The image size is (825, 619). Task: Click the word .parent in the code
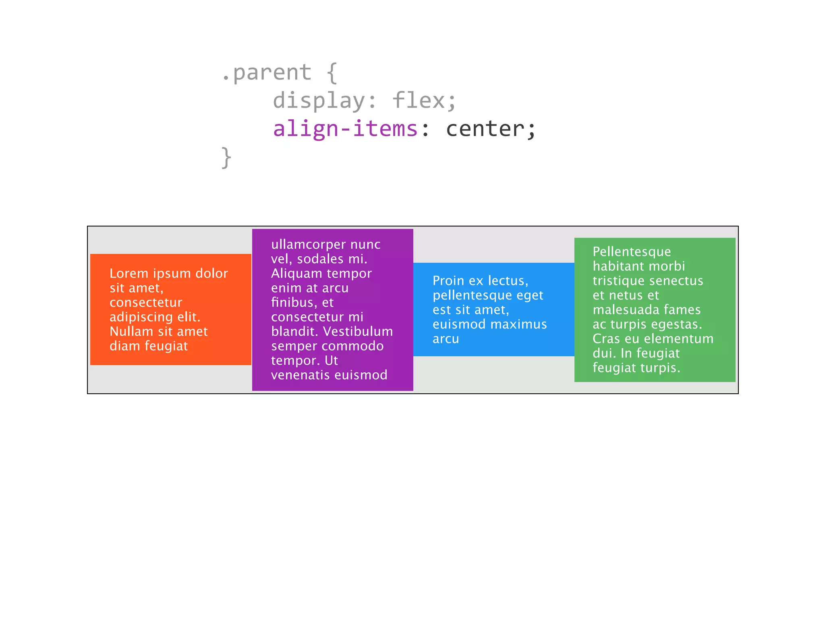click(267, 73)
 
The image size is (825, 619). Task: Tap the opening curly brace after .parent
click(332, 73)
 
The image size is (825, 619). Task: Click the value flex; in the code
click(424, 101)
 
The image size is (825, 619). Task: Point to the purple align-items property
click(345, 129)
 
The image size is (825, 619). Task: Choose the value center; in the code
click(491, 129)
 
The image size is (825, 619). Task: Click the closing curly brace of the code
click(226, 157)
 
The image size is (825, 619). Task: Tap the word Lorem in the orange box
click(129, 274)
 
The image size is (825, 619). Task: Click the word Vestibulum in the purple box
click(358, 332)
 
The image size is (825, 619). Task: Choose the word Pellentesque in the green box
click(632, 252)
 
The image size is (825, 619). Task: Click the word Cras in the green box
click(606, 339)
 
